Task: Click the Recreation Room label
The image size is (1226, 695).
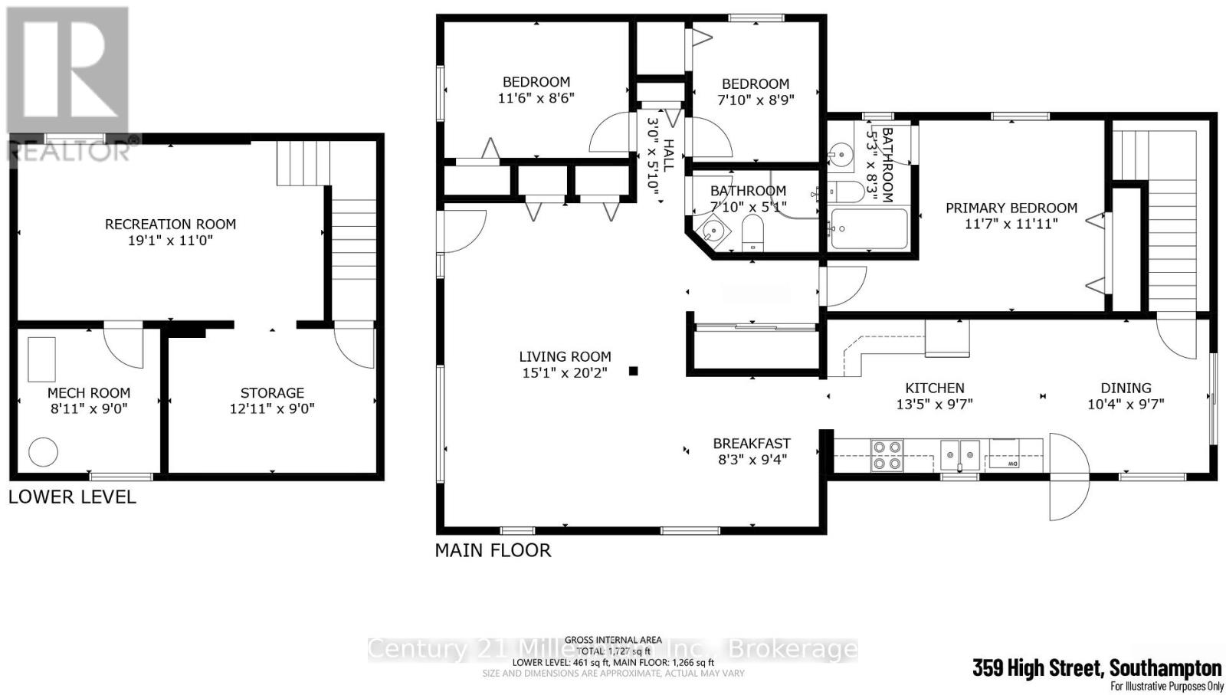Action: pos(170,225)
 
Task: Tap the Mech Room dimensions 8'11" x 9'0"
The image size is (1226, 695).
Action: pos(89,408)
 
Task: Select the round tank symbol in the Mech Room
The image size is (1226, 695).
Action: pos(43,452)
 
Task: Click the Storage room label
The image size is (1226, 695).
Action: pos(272,392)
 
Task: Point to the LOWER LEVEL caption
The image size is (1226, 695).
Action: pos(72,497)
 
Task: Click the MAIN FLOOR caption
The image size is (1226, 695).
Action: pos(493,550)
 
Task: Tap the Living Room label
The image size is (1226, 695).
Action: pos(565,356)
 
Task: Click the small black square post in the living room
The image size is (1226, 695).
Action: pos(634,372)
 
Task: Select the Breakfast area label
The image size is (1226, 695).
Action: pos(752,443)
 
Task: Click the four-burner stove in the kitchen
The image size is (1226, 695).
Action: pos(887,454)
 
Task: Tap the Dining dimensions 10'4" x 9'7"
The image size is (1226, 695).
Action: pos(1126,404)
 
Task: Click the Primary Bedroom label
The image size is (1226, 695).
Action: pos(1011,208)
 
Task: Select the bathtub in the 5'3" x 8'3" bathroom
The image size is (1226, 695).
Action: pos(868,228)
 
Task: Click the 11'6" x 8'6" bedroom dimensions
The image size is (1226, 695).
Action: pos(536,98)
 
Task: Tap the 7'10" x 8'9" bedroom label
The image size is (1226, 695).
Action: pos(755,84)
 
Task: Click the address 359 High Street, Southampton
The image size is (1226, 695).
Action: pos(1097,668)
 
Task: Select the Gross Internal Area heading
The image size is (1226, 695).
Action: pos(613,640)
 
